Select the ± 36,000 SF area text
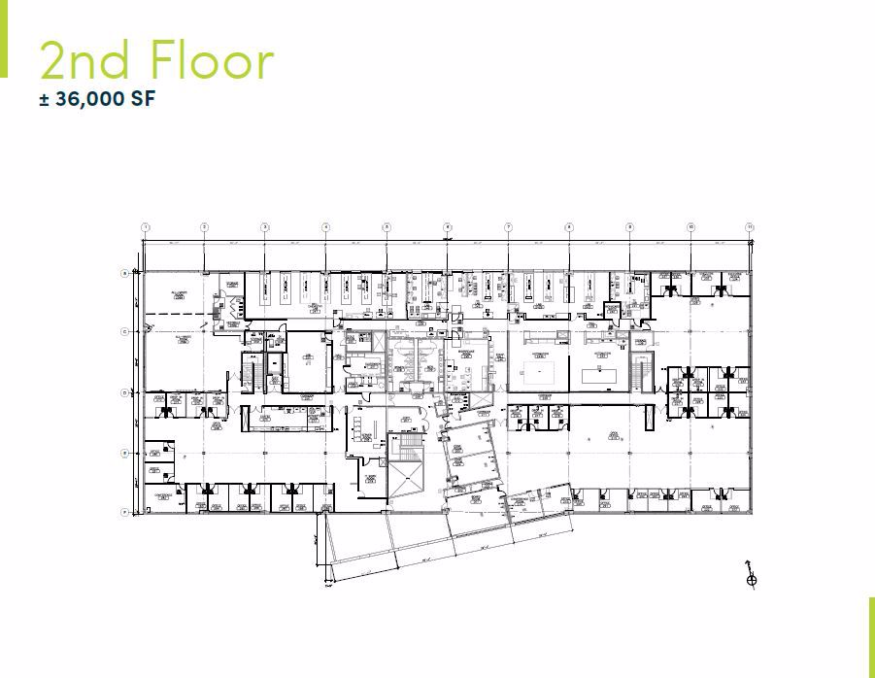pos(98,99)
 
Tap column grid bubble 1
pos(145,227)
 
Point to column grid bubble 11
pos(750,227)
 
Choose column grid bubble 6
pos(448,227)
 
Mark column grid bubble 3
pos(265,227)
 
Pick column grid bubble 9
pos(629,227)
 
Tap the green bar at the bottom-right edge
pos(871,636)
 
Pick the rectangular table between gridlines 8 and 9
pos(597,372)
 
